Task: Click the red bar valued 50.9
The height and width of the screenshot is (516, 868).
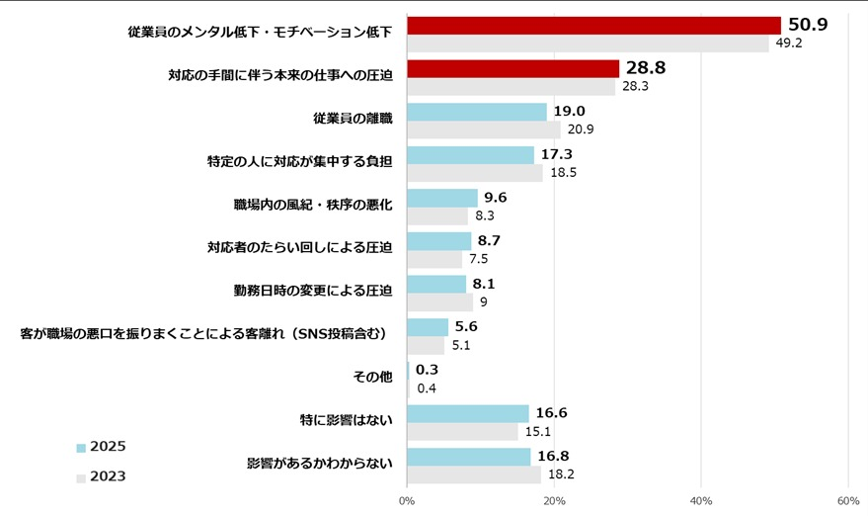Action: pyautogui.click(x=592, y=25)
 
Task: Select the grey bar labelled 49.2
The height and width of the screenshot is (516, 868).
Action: pyautogui.click(x=587, y=43)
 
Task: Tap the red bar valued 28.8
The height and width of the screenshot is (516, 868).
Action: pyautogui.click(x=513, y=68)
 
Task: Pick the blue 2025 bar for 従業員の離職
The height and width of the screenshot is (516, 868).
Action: pyautogui.click(x=476, y=112)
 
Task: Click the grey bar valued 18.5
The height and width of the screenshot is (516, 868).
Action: pyautogui.click(x=474, y=173)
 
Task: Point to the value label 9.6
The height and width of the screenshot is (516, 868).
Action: pyautogui.click(x=496, y=197)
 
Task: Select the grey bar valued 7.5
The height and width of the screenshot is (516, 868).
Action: pyautogui.click(x=434, y=260)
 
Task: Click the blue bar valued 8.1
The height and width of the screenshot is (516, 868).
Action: pyautogui.click(x=435, y=284)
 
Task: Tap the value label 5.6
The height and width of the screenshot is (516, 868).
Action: pyautogui.click(x=466, y=326)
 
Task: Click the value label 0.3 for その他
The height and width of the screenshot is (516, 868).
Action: pyautogui.click(x=428, y=370)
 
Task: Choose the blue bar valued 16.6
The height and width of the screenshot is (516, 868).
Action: pyautogui.click(x=467, y=413)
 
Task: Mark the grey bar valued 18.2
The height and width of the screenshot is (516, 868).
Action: pyautogui.click(x=473, y=475)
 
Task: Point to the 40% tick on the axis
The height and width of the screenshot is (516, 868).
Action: pyautogui.click(x=701, y=501)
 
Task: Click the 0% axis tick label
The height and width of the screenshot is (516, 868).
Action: pyautogui.click(x=407, y=501)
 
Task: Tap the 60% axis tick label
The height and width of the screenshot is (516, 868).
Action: pyautogui.click(x=847, y=501)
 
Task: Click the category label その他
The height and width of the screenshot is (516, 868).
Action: pyautogui.click(x=372, y=377)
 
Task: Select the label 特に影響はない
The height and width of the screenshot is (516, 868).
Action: pyautogui.click(x=346, y=420)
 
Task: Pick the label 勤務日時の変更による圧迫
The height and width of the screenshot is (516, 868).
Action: pyautogui.click(x=313, y=291)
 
